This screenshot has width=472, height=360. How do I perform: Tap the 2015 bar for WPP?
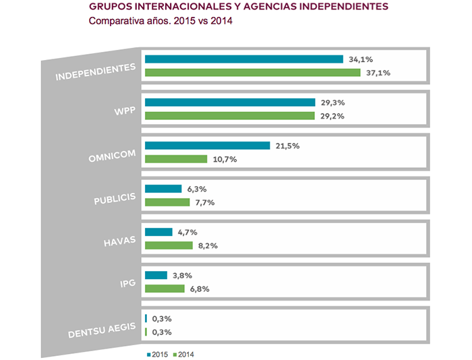tap(230, 102)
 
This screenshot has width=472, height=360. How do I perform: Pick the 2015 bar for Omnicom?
tap(207, 146)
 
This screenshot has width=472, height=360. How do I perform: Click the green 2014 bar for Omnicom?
tap(176, 159)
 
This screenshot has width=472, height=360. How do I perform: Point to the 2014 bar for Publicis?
tap(167, 202)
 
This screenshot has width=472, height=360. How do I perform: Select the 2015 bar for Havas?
tap(158, 232)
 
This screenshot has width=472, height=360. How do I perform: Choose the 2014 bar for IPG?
tap(165, 289)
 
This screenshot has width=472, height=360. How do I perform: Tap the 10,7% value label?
tap(224, 159)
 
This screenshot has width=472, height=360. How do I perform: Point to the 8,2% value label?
tap(206, 245)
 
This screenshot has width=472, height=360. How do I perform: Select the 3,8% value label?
tap(181, 275)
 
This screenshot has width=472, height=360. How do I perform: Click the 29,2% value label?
tap(332, 116)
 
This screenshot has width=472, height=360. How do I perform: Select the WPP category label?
tap(125, 111)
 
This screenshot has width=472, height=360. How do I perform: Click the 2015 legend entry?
tap(156, 353)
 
